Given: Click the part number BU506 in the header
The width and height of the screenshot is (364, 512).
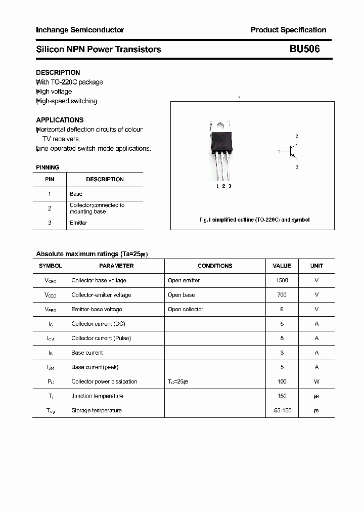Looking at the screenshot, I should coord(304,49).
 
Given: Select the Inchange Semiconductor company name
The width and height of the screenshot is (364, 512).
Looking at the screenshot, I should coord(80,30).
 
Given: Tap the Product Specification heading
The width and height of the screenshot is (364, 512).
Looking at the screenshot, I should coord(288,30).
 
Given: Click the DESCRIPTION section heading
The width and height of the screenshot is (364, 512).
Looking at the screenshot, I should coord(58,72).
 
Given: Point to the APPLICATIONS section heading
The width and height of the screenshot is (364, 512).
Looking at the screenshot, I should coord(60,120).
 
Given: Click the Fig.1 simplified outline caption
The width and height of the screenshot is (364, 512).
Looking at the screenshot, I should coord(254,220).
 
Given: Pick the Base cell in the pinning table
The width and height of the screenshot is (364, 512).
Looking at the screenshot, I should coord(76,194).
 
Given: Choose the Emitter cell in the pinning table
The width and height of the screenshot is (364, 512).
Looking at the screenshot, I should coord(78,223).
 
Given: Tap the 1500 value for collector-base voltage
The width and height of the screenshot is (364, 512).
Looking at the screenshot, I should coord(282,280).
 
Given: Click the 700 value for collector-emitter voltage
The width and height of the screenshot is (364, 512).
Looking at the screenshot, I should coord(282,294).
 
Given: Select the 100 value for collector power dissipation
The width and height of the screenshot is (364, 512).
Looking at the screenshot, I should coord(282,381).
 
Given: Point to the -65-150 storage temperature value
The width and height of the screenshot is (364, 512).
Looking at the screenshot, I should coord(282,410).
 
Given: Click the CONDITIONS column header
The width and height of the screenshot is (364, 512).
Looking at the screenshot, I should coord(215,266).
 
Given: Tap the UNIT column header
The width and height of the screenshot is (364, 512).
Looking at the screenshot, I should coord(316,266).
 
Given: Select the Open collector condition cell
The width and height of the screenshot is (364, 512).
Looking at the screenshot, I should coord(186,309).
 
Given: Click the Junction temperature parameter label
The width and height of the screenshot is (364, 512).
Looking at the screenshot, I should coord(97,396).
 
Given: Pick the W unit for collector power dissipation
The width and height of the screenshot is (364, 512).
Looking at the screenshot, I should coord(316,381).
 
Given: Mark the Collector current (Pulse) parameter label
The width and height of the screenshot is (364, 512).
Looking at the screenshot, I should coord(101,338).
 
